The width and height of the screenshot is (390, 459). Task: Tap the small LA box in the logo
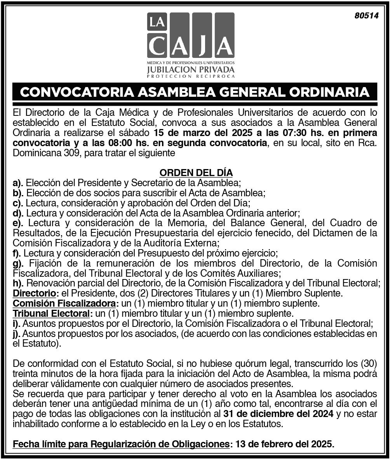point(157,22)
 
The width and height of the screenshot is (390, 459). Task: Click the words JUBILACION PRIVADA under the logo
point(191,70)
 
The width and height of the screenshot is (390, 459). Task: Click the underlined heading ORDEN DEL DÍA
point(196,173)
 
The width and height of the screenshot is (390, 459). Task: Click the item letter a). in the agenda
point(18,183)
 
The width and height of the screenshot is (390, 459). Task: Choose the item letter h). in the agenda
point(18,283)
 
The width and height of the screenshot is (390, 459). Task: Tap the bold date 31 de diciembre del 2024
point(279,414)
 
